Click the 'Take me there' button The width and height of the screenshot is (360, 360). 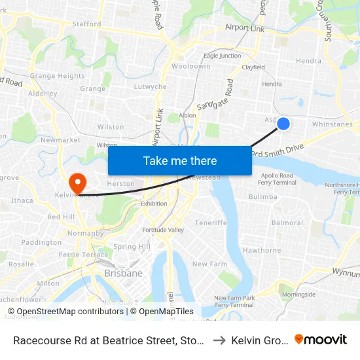pyautogui.click(x=180, y=161)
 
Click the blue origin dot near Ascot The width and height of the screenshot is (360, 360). pyautogui.click(x=283, y=123)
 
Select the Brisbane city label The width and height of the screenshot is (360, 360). pyautogui.click(x=124, y=273)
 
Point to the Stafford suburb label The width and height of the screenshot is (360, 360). pyautogui.click(x=87, y=24)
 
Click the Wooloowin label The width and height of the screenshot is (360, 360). pyautogui.click(x=190, y=67)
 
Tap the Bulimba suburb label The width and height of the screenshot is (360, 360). pyautogui.click(x=263, y=196)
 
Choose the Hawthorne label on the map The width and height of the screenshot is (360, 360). pyautogui.click(x=262, y=250)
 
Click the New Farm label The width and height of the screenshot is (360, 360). pyautogui.click(x=209, y=264)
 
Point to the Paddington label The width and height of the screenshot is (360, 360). pyautogui.click(x=41, y=242)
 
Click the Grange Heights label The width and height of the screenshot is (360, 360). pyautogui.click(x=57, y=76)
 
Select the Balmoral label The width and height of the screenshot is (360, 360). pyautogui.click(x=287, y=223)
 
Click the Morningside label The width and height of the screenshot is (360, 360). pyautogui.click(x=298, y=295)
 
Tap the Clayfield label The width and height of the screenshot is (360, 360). pyautogui.click(x=253, y=67)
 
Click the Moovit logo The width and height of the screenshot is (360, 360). pyautogui.click(x=321, y=339)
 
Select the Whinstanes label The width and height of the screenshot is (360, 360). pyautogui.click(x=333, y=124)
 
